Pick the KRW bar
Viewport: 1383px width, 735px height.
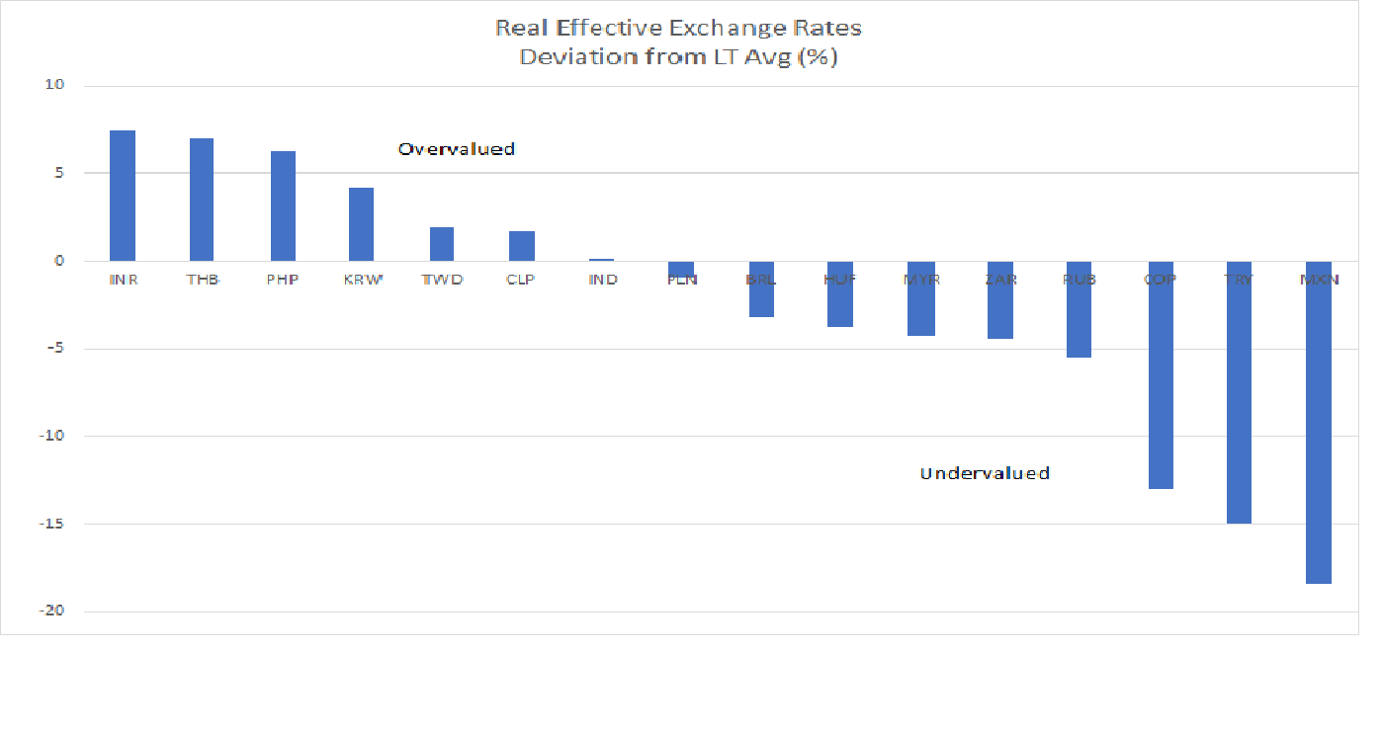click(x=362, y=224)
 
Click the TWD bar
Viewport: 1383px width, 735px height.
click(x=442, y=244)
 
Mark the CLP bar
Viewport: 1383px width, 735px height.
click(x=521, y=246)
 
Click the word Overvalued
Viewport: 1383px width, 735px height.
click(x=456, y=149)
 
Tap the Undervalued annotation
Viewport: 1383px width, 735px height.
click(x=984, y=473)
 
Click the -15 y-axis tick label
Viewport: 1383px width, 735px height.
click(x=50, y=524)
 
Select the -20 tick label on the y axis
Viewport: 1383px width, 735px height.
click(x=50, y=612)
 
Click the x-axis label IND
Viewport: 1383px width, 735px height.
click(x=602, y=280)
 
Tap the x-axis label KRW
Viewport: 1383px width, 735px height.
click(x=362, y=280)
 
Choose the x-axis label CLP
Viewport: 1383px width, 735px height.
click(x=521, y=280)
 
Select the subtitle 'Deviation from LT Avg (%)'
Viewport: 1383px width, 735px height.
click(x=678, y=56)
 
